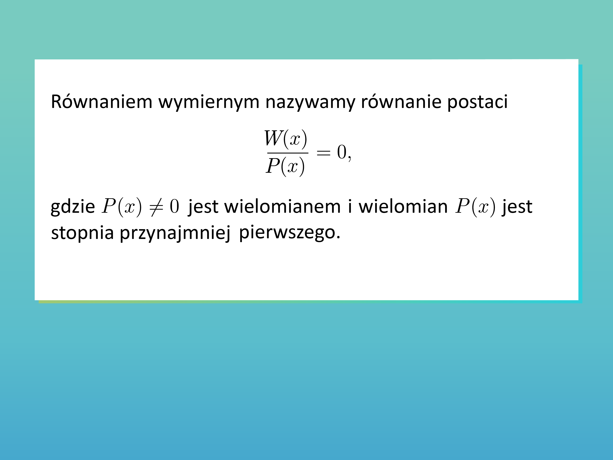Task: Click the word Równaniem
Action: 102,102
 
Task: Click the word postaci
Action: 477,103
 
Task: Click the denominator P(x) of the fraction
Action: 285,166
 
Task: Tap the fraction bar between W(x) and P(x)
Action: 288,153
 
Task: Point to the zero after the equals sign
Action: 342,152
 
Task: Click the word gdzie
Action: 73,207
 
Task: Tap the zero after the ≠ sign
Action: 174,206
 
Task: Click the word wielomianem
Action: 282,207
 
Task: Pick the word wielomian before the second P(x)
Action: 403,207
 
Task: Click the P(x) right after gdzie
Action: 122,207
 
